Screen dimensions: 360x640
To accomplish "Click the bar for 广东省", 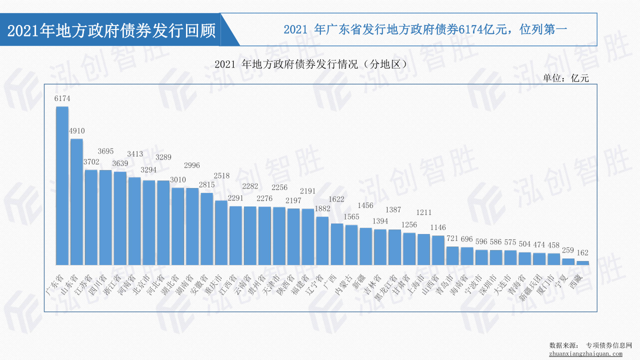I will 62,185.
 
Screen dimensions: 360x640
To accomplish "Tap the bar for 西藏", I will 582,262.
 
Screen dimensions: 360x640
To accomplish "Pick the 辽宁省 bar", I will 322,240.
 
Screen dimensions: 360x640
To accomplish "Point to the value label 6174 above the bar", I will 62,99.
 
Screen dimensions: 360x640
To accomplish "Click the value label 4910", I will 76,131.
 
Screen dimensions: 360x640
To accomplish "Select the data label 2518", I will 221,175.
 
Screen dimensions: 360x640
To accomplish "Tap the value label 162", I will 582,253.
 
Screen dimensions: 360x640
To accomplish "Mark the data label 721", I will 452,238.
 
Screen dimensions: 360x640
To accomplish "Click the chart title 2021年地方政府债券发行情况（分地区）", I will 309,64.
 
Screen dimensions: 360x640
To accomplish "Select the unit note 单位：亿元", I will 566,78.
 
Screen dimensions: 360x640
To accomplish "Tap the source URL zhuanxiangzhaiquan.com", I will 585,354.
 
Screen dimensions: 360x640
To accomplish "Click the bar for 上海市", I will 423,249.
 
